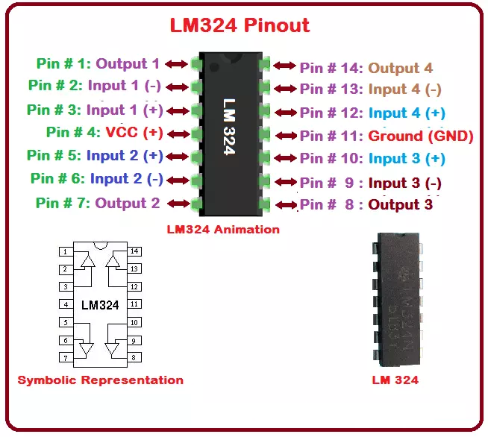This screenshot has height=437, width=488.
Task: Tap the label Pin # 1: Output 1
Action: coord(98,64)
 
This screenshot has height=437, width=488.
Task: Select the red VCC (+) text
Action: coord(134,133)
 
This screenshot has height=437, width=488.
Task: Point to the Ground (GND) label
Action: coord(421,136)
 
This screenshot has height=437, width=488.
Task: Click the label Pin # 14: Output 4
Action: coord(366,68)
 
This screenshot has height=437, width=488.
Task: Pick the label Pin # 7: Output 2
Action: coord(98,202)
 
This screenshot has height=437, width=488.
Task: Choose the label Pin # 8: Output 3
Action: coord(366,204)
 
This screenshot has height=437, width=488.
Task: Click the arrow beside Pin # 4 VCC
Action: coord(177,133)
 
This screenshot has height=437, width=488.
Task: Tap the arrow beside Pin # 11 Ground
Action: coord(286,136)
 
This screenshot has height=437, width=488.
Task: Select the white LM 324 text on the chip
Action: coord(229,126)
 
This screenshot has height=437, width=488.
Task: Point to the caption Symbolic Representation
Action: coord(100,380)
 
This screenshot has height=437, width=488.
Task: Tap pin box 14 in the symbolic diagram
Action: coord(134,252)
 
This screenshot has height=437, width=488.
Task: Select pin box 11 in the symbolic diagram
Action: coord(134,304)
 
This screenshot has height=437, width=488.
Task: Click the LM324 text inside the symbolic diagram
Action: coord(99,305)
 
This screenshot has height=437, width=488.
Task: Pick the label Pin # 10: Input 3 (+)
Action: coord(372,159)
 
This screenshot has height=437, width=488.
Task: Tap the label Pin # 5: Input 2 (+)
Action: coord(95,156)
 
